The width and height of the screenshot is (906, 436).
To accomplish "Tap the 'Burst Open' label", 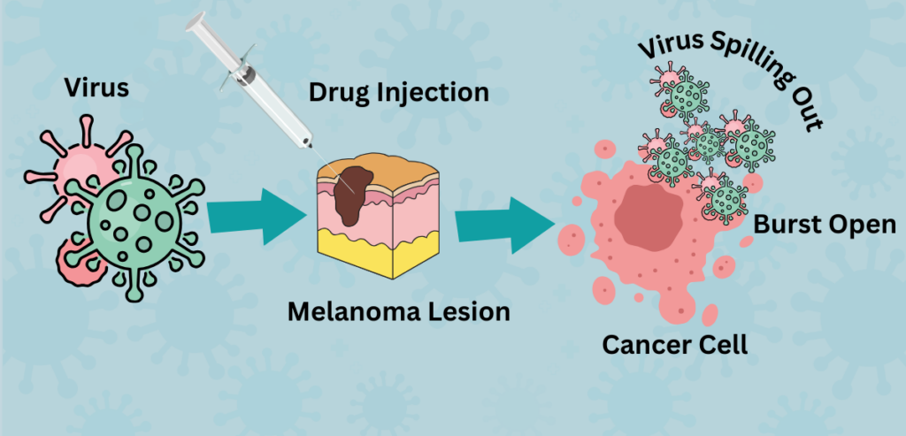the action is [825, 226].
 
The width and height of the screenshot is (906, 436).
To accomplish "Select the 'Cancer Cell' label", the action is [674, 345].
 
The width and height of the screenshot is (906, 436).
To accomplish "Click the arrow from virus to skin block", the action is [256, 216].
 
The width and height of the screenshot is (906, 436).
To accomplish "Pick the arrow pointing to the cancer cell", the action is [505, 226].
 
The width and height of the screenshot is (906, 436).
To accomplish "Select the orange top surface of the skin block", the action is [379, 166].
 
